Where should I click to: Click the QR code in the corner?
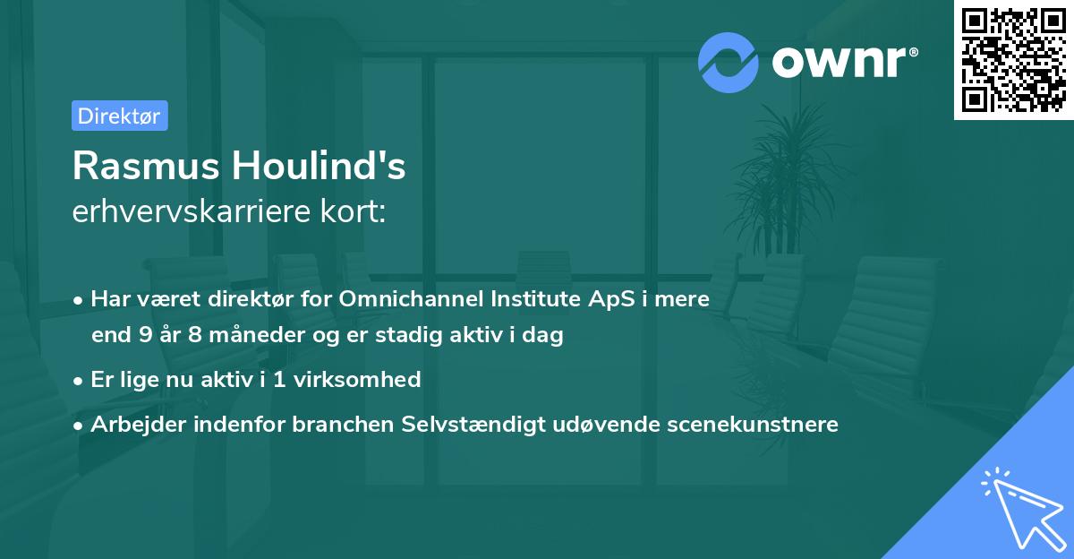(x=1013, y=60)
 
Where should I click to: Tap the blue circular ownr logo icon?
(x=727, y=62)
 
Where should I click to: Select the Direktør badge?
(x=119, y=116)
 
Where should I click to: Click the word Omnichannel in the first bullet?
(x=409, y=299)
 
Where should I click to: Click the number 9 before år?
(x=145, y=336)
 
